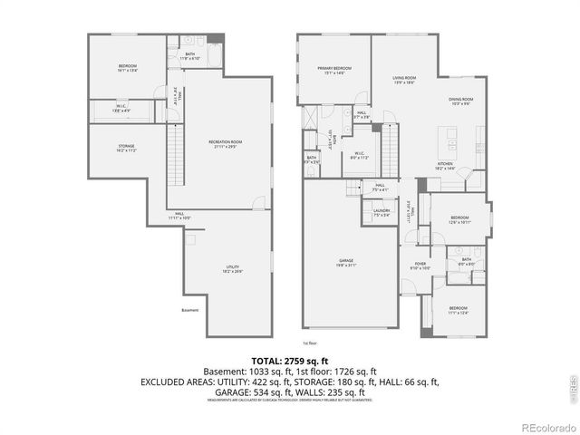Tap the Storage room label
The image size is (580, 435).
point(126,148)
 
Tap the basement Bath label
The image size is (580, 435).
point(189,55)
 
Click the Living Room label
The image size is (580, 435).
point(404,80)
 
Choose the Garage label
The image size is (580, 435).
point(347,262)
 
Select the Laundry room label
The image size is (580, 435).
point(381,213)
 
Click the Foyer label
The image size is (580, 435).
point(420,266)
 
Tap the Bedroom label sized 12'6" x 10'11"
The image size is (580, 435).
point(459,219)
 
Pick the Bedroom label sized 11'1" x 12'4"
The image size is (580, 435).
point(457,310)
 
